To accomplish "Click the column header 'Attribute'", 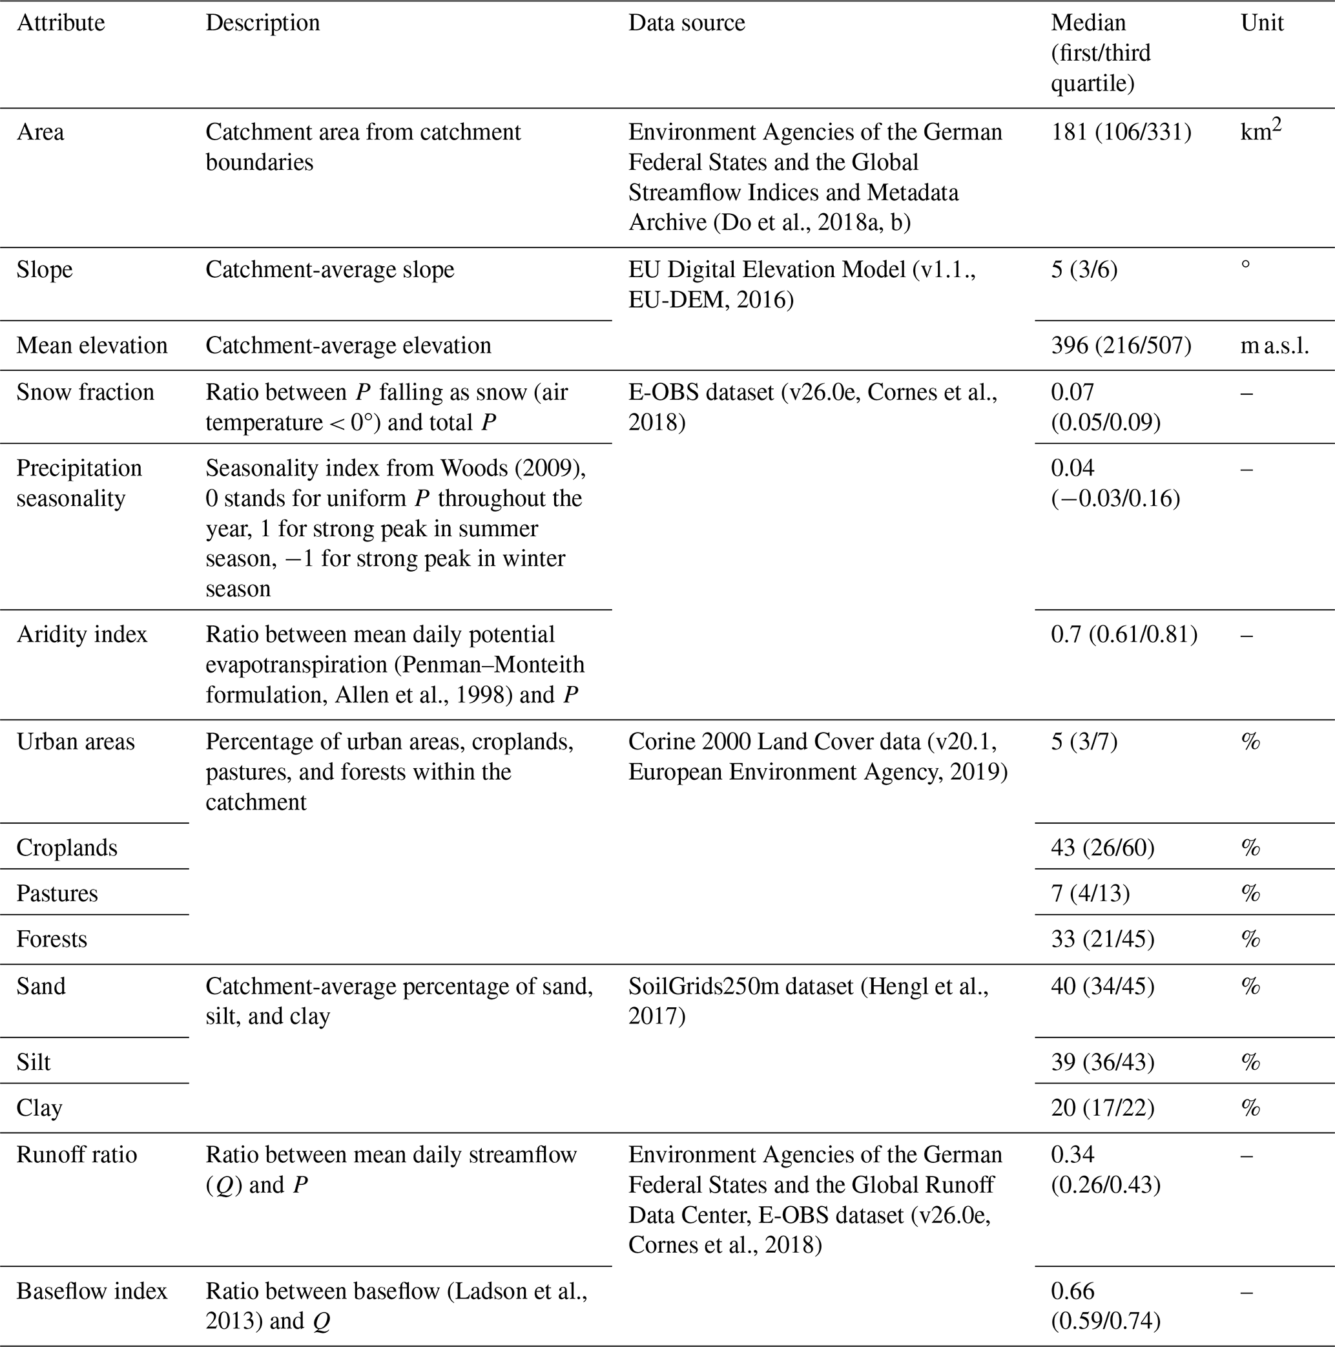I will (x=61, y=23).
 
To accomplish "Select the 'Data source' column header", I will (x=686, y=23).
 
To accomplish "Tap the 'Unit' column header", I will (x=1261, y=23).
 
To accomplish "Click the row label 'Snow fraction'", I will (x=85, y=393).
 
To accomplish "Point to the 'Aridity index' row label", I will (x=81, y=634).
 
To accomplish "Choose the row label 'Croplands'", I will (x=67, y=848).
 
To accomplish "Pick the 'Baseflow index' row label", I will (x=91, y=1291).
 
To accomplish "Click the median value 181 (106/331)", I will (x=1121, y=132).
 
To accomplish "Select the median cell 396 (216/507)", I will (x=1121, y=346).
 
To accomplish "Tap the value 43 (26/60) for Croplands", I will (x=1102, y=848).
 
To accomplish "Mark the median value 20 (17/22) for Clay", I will (x=1102, y=1108).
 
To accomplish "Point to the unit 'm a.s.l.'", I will (x=1274, y=346).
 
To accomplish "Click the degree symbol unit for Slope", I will (x=1246, y=265).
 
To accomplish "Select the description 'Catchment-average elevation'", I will (x=348, y=346).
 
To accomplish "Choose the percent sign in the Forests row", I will (x=1250, y=940).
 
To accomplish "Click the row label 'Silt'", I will (x=34, y=1063).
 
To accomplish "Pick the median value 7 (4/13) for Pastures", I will (x=1090, y=894).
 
